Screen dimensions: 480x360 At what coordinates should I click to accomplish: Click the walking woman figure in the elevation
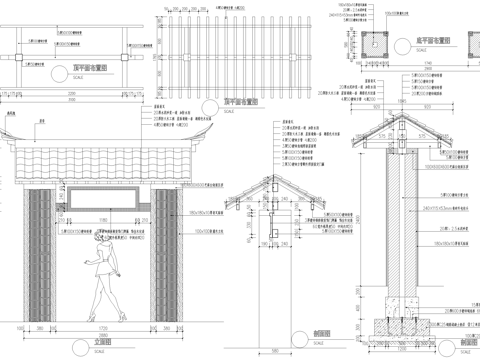(103, 277)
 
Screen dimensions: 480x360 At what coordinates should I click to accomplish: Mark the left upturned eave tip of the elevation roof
(6, 132)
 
